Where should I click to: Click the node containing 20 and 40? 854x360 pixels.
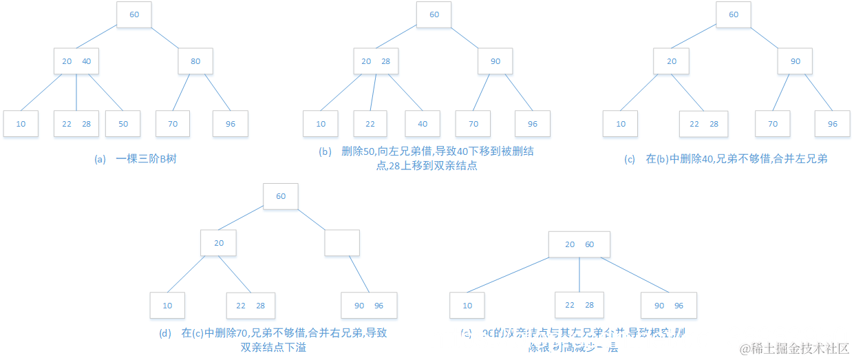pyautogui.click(x=76, y=61)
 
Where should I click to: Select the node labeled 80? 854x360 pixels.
pyautogui.click(x=195, y=61)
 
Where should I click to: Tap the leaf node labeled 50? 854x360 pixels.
pyautogui.click(x=123, y=124)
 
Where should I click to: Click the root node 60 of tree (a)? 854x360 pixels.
pyautogui.click(x=134, y=14)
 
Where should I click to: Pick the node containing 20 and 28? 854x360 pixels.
pyautogui.click(x=376, y=61)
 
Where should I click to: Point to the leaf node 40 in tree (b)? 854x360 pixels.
pyautogui.click(x=423, y=124)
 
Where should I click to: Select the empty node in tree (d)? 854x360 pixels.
pyautogui.click(x=341, y=243)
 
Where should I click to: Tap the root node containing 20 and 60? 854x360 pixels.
pyautogui.click(x=579, y=244)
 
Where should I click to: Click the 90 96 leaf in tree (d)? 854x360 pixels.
pyautogui.click(x=369, y=306)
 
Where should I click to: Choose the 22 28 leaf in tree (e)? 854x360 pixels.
pyautogui.click(x=579, y=306)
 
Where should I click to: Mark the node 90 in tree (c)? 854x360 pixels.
pyautogui.click(x=796, y=61)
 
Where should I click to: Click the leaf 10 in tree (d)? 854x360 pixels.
pyautogui.click(x=168, y=306)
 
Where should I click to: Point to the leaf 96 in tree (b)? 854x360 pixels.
pyautogui.click(x=533, y=124)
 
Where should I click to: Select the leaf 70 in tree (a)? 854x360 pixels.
pyautogui.click(x=173, y=124)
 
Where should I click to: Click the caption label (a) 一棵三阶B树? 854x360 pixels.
pyautogui.click(x=136, y=159)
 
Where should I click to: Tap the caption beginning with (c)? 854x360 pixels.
pyautogui.click(x=725, y=159)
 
